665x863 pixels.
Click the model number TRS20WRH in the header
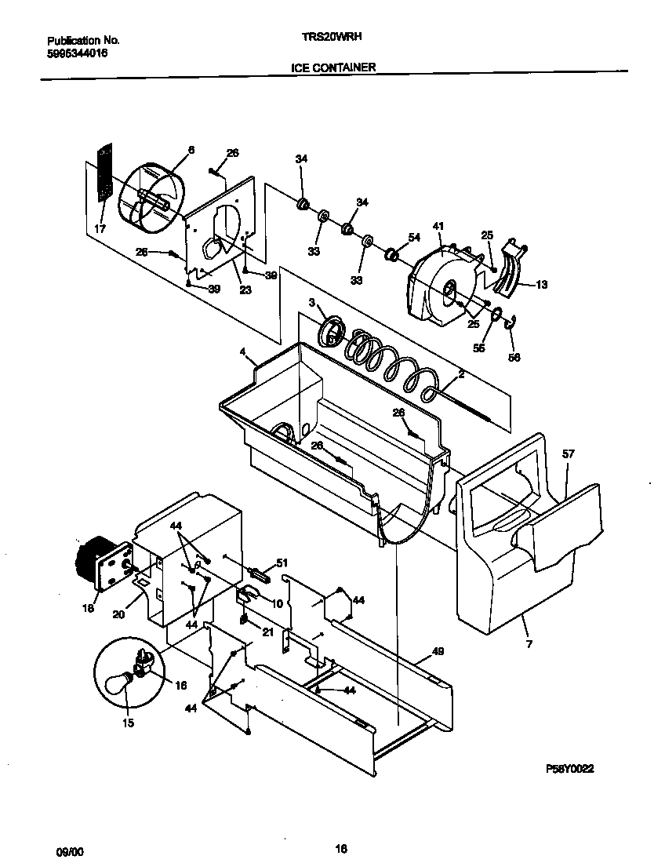pos(332,36)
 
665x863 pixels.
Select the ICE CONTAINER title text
pos(333,67)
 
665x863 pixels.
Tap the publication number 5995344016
pos(78,53)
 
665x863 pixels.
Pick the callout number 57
pos(569,453)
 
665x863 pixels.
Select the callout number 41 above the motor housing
pos(438,227)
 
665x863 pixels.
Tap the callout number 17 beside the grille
pos(100,230)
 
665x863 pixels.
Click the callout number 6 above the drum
pos(191,149)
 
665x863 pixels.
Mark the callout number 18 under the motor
pos(88,608)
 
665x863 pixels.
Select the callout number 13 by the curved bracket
pos(541,285)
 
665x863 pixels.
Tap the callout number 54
pos(415,237)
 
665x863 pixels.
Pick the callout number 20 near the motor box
pos(118,614)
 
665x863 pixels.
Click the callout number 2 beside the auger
pos(461,376)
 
